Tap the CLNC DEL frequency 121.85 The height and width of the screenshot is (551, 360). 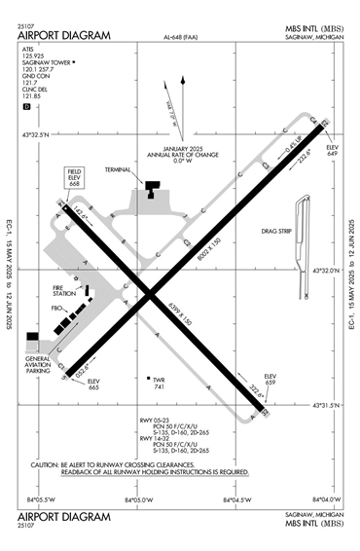tap(33, 96)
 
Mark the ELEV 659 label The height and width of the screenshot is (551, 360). tap(271, 379)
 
